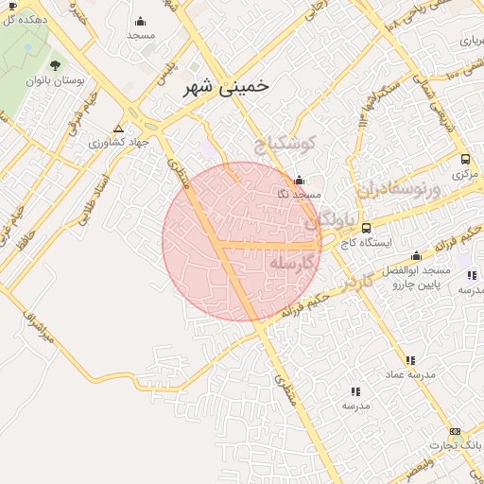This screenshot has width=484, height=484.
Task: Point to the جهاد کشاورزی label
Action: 118,143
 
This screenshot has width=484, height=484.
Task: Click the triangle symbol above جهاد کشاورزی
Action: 118,128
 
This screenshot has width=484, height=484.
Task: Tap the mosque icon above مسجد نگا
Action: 300,180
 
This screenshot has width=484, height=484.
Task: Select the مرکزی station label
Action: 463,174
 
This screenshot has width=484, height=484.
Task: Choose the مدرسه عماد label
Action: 410,374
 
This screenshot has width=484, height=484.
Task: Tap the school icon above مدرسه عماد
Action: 410,360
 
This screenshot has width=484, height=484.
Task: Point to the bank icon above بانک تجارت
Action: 455,431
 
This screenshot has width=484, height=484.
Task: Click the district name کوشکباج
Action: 281,145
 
